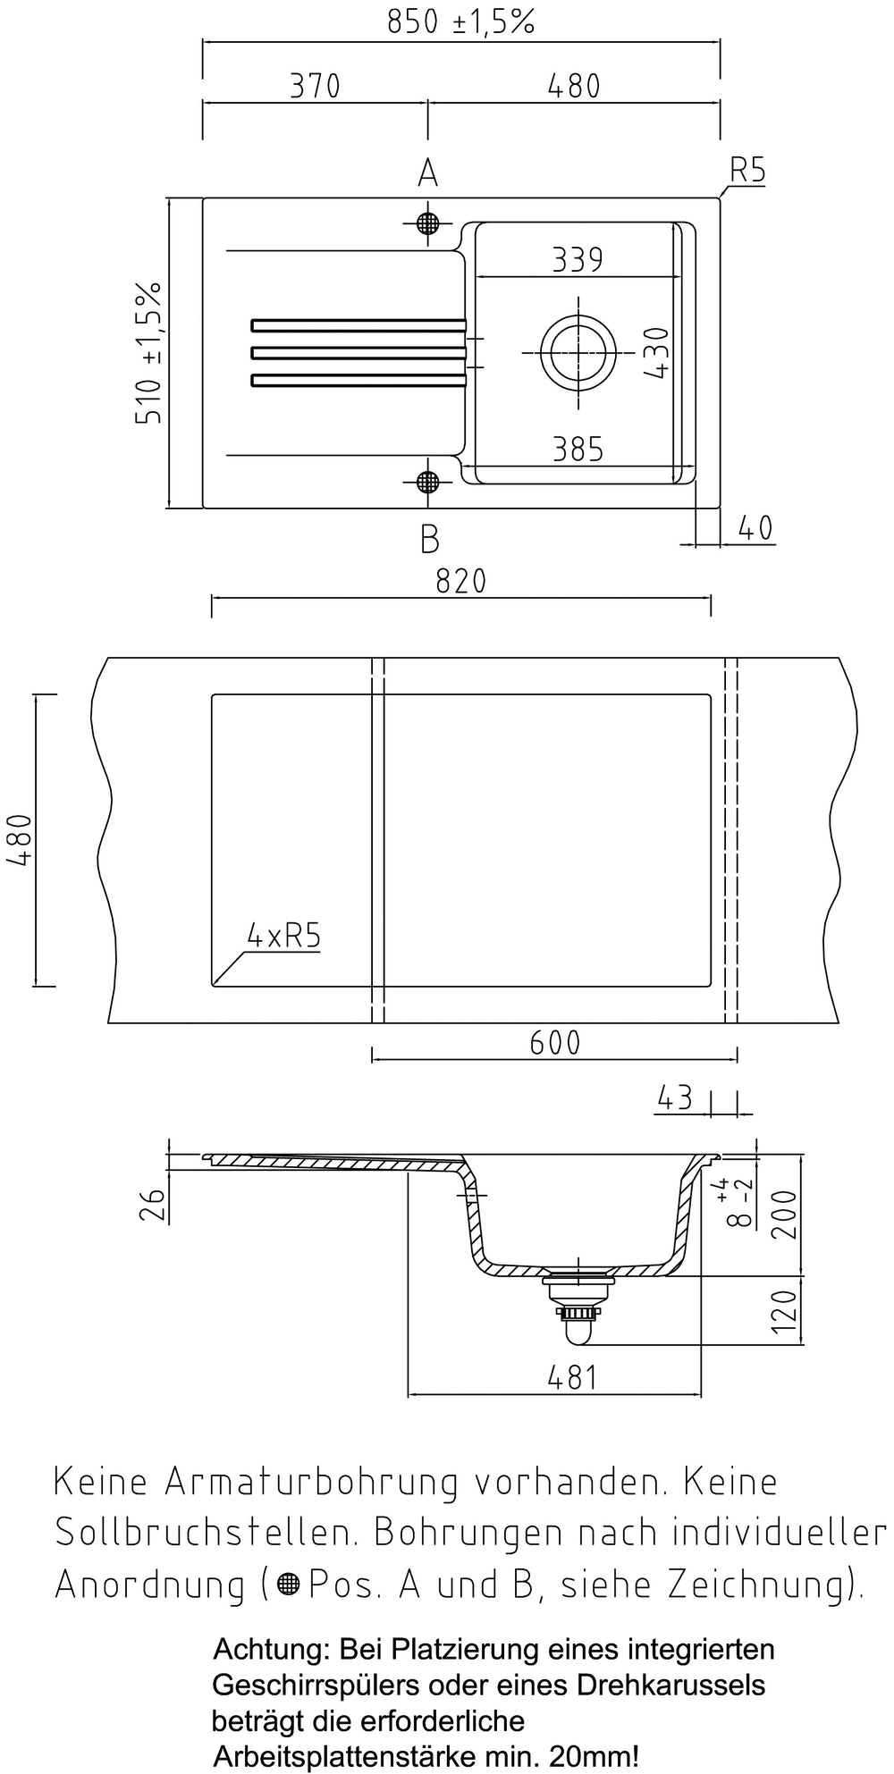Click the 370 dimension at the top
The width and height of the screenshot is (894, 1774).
(315, 86)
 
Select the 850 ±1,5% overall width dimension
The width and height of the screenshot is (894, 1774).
(460, 22)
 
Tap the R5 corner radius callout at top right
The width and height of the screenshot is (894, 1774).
(747, 170)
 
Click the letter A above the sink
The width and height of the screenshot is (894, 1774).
(428, 172)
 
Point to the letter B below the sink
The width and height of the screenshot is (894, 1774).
(429, 539)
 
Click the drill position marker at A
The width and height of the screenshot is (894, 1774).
(428, 223)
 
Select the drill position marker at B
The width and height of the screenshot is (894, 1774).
(428, 483)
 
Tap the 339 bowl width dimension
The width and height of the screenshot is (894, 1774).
(578, 259)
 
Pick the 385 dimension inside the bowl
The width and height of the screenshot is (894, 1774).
(578, 449)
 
